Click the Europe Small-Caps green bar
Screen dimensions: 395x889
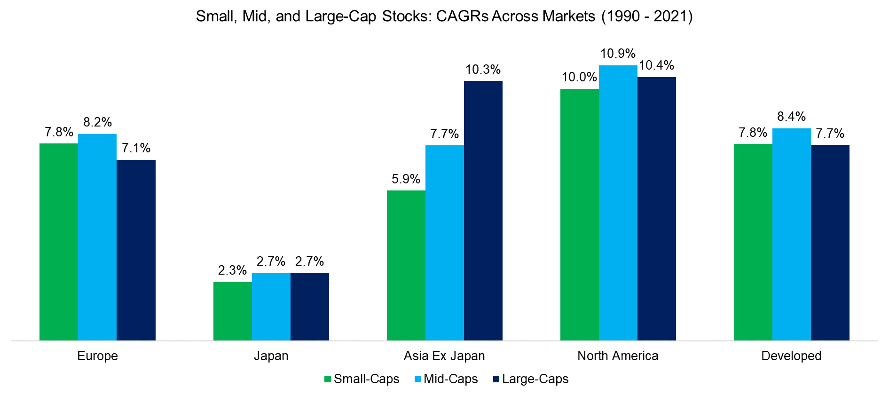pos(59,242)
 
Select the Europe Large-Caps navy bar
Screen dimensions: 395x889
pos(136,250)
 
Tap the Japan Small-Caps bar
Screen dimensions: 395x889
pos(232,311)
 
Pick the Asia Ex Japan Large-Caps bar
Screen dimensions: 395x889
pos(483,210)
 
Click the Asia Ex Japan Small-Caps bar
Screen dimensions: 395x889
pos(406,265)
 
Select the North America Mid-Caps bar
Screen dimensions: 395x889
pos(618,203)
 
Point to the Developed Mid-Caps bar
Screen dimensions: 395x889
pos(791,234)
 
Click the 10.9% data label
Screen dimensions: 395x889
pos(618,54)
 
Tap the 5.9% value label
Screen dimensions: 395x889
pos(406,179)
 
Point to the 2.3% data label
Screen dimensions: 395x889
pos(232,270)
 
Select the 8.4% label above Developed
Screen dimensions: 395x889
pos(791,117)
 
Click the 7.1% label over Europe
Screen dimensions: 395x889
pos(136,149)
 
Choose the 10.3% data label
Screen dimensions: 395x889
pos(483,70)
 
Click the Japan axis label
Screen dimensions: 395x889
pos(271,356)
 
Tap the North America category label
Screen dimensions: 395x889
pos(618,356)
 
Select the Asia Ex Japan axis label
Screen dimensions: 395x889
pos(444,356)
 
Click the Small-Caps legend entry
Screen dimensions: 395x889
pos(362,379)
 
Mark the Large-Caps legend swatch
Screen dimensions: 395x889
pos(496,379)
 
